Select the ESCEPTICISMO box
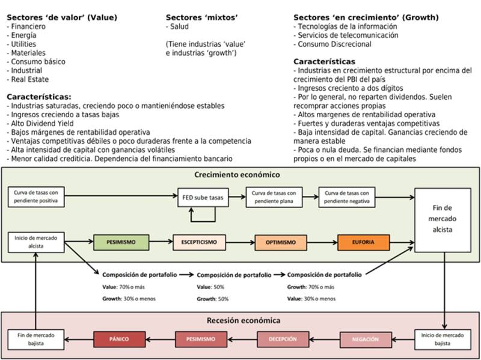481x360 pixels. (x=199, y=242)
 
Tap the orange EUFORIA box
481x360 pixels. (x=364, y=242)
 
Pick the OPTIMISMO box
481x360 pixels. (x=281, y=242)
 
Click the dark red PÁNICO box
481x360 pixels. (x=119, y=339)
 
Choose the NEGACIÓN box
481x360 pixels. (x=366, y=340)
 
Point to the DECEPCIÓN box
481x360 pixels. (x=282, y=339)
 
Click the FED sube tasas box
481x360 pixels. (x=203, y=197)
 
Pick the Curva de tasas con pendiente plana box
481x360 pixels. (x=274, y=197)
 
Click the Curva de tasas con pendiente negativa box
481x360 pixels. (x=347, y=197)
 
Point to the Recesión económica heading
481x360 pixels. (x=240, y=320)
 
